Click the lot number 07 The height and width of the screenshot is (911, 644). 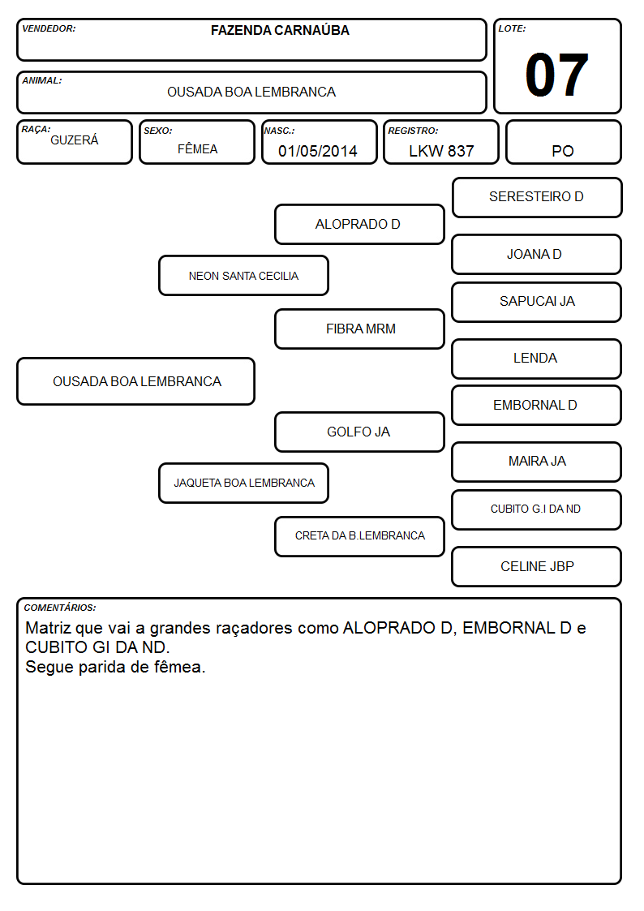556,75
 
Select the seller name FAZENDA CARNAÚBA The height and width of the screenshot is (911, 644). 280,30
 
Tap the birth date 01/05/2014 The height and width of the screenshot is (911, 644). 318,151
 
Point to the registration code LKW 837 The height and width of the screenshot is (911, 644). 441,151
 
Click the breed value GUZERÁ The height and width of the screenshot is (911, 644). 75,140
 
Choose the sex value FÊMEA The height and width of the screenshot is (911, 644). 197,149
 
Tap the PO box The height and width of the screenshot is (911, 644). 563,142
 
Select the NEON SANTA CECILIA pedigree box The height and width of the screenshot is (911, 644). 243,275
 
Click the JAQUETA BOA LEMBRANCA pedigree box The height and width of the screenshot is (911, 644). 243,483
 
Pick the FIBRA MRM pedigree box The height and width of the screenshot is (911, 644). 359,329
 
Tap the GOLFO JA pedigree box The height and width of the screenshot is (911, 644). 359,432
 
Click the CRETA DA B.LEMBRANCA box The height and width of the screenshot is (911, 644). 359,536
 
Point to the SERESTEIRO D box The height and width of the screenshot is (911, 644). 537,198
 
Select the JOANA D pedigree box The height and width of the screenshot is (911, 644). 537,254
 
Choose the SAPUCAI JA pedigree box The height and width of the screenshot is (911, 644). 537,302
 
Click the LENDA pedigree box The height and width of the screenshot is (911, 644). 537,359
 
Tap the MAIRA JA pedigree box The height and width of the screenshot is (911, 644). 537,462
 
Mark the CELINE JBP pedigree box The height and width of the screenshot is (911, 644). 537,566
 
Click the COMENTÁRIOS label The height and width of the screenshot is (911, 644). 60,608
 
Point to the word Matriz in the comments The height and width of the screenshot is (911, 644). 48,628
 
